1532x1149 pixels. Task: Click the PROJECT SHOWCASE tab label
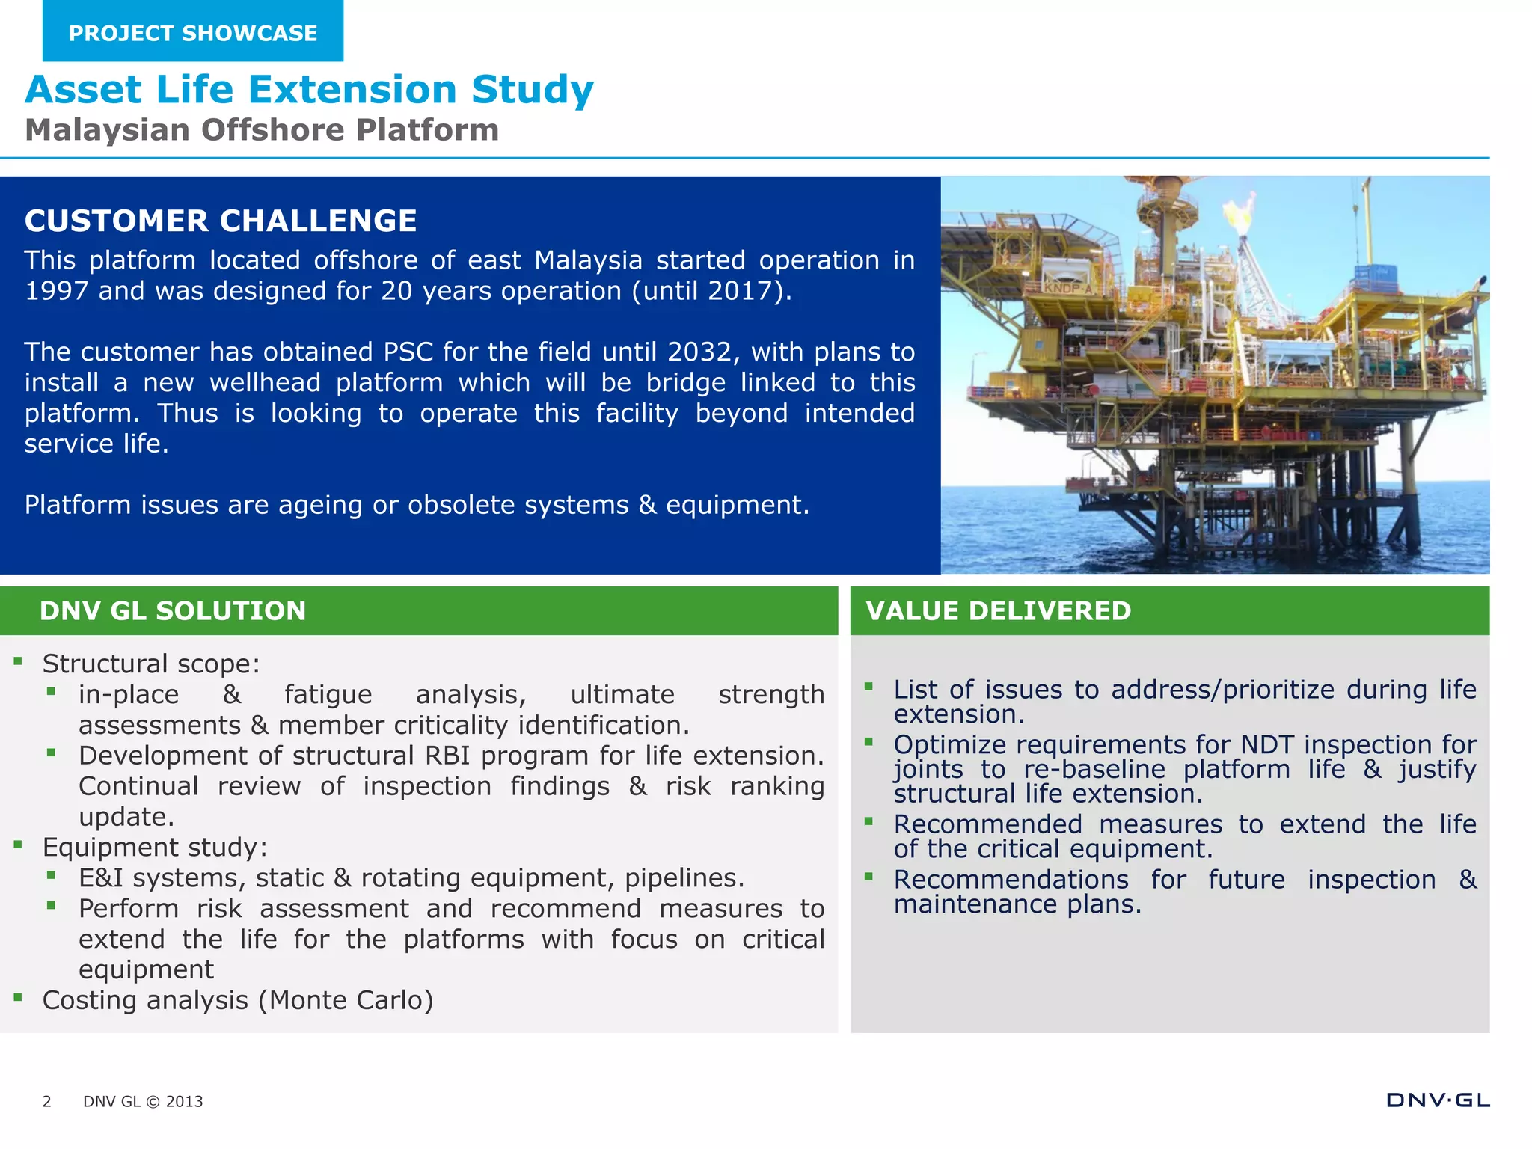click(192, 34)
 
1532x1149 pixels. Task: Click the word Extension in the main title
click(352, 90)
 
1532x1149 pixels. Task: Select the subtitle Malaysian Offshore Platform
click(262, 130)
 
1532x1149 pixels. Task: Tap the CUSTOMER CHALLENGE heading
click(221, 221)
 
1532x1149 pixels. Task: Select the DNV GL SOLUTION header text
click(173, 610)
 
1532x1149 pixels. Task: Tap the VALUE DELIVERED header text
click(998, 610)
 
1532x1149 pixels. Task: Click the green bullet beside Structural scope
click(17, 661)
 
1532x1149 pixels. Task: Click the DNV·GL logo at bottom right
click(1438, 1100)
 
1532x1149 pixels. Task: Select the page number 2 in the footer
click(46, 1101)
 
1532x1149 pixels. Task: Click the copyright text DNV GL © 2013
click(143, 1101)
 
